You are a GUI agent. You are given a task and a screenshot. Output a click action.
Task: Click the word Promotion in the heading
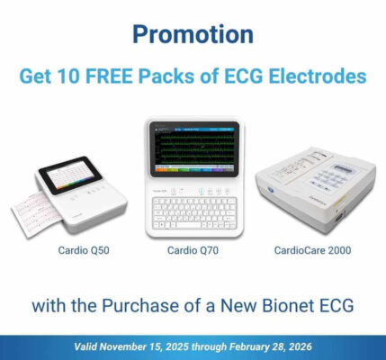(193, 34)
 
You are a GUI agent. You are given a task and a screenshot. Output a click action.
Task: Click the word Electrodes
(319, 76)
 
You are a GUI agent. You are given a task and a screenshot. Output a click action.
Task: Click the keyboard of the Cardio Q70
(193, 213)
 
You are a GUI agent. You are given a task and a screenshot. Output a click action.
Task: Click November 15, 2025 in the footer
(150, 346)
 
